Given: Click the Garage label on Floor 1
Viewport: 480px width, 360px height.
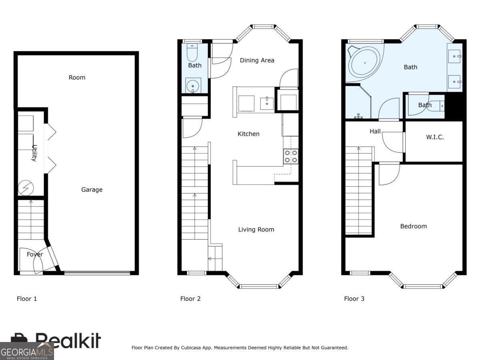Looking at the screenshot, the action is pyautogui.click(x=92, y=190).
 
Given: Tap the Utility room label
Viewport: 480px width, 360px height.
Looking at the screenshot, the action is pyautogui.click(x=34, y=153).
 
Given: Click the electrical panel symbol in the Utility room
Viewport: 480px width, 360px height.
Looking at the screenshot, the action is pyautogui.click(x=26, y=188).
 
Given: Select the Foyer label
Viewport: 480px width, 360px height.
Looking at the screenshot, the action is pyautogui.click(x=35, y=254).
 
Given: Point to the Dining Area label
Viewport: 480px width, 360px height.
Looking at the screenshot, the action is pyautogui.click(x=257, y=60).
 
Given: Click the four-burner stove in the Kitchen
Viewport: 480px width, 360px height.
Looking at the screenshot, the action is pyautogui.click(x=291, y=156).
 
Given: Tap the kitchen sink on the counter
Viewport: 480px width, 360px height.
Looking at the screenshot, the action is pyautogui.click(x=267, y=104).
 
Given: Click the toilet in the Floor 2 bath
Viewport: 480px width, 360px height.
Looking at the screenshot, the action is pyautogui.click(x=192, y=52).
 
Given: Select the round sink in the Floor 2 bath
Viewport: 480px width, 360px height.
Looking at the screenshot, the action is pyautogui.click(x=193, y=85).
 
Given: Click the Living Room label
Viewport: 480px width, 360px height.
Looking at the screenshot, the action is pyautogui.click(x=256, y=230).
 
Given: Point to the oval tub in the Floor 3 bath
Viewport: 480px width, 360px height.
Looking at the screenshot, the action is pyautogui.click(x=365, y=63).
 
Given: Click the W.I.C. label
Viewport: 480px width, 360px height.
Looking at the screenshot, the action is pyautogui.click(x=435, y=137).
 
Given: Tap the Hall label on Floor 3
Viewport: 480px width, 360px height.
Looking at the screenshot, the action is pyautogui.click(x=375, y=131).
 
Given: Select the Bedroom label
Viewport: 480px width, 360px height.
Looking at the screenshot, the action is pyautogui.click(x=414, y=226).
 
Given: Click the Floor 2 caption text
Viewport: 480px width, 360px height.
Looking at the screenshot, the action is pyautogui.click(x=190, y=299).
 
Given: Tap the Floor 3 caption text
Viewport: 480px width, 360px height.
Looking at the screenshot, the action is pyautogui.click(x=354, y=299).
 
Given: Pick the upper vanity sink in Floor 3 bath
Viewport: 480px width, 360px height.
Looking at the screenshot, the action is pyautogui.click(x=454, y=56).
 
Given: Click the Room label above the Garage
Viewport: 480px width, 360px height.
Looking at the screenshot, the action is pyautogui.click(x=77, y=77).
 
